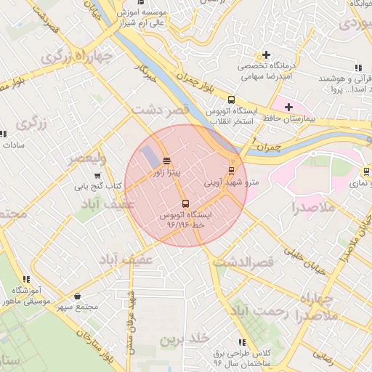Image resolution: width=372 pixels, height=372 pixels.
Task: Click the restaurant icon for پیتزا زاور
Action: (x=167, y=161)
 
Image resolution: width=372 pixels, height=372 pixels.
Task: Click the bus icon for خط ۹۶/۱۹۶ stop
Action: (x=185, y=203)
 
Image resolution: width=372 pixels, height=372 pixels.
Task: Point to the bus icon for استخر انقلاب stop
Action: (x=231, y=100)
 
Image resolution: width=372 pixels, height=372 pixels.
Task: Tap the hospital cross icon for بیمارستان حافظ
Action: (x=288, y=107)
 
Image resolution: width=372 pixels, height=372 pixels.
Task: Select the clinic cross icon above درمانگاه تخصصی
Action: (x=267, y=54)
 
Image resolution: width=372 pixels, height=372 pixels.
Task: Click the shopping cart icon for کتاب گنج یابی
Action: (x=97, y=175)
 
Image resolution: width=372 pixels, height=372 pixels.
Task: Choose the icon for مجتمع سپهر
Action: (x=78, y=296)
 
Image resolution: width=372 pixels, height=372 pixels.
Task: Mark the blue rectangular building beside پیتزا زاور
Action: (x=148, y=156)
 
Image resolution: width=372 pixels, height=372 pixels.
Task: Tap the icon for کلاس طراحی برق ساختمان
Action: (x=241, y=342)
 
